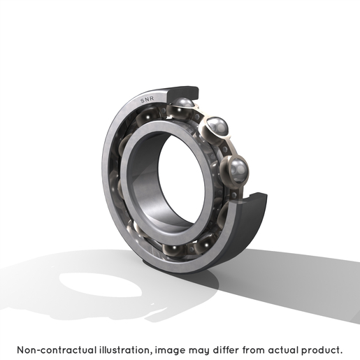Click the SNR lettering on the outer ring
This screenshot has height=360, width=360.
(x=147, y=99)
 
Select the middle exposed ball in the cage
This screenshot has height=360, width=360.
(x=217, y=127)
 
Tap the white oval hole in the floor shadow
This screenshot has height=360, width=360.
(x=101, y=285)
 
